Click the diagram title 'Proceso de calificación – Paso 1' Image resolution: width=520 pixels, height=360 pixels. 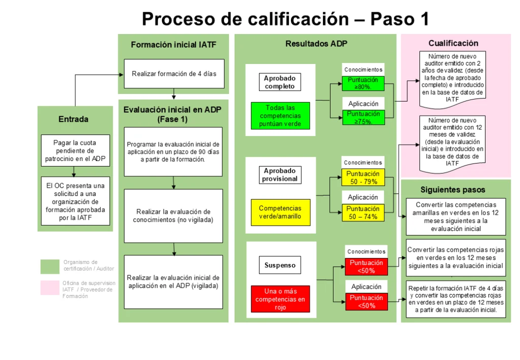[x=285, y=19]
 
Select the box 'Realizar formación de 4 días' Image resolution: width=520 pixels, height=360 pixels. [x=174, y=74]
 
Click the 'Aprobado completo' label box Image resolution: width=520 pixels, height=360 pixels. [x=279, y=82]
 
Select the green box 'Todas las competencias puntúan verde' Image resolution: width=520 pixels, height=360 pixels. [x=280, y=116]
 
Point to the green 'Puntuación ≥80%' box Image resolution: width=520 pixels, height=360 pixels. [x=363, y=83]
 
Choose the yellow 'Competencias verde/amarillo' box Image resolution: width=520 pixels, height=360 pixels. [x=280, y=212]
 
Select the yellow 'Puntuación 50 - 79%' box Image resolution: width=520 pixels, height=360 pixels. [x=363, y=177]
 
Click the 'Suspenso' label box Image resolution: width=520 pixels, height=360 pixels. [x=280, y=265]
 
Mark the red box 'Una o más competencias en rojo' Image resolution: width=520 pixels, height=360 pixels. [x=280, y=299]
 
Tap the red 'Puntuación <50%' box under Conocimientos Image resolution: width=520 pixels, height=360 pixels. [x=366, y=267]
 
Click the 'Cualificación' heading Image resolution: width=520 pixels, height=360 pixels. [x=453, y=43]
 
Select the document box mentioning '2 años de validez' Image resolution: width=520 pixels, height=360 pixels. [x=452, y=78]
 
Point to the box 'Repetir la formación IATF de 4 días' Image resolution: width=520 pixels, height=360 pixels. [x=456, y=299]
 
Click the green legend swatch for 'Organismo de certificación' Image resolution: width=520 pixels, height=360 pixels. [x=50, y=266]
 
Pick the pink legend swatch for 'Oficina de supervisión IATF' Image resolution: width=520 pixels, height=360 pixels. [x=50, y=287]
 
